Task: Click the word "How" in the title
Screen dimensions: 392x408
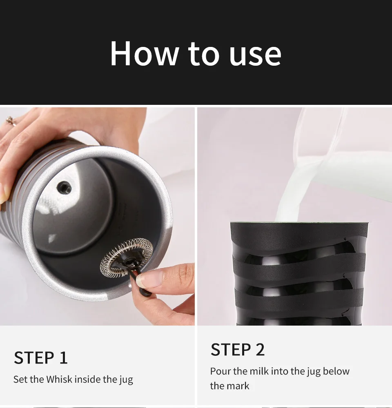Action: click(144, 53)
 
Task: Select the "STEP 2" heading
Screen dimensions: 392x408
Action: click(238, 349)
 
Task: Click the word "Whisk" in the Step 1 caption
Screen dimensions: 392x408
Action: click(59, 379)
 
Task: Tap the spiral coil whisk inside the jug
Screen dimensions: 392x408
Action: click(127, 257)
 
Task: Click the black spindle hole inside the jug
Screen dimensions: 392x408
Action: click(64, 187)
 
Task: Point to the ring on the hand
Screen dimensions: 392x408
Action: click(11, 121)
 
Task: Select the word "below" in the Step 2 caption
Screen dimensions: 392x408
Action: click(336, 371)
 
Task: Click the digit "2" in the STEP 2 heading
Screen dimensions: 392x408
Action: click(260, 349)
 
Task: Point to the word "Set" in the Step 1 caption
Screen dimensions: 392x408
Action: click(20, 379)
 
